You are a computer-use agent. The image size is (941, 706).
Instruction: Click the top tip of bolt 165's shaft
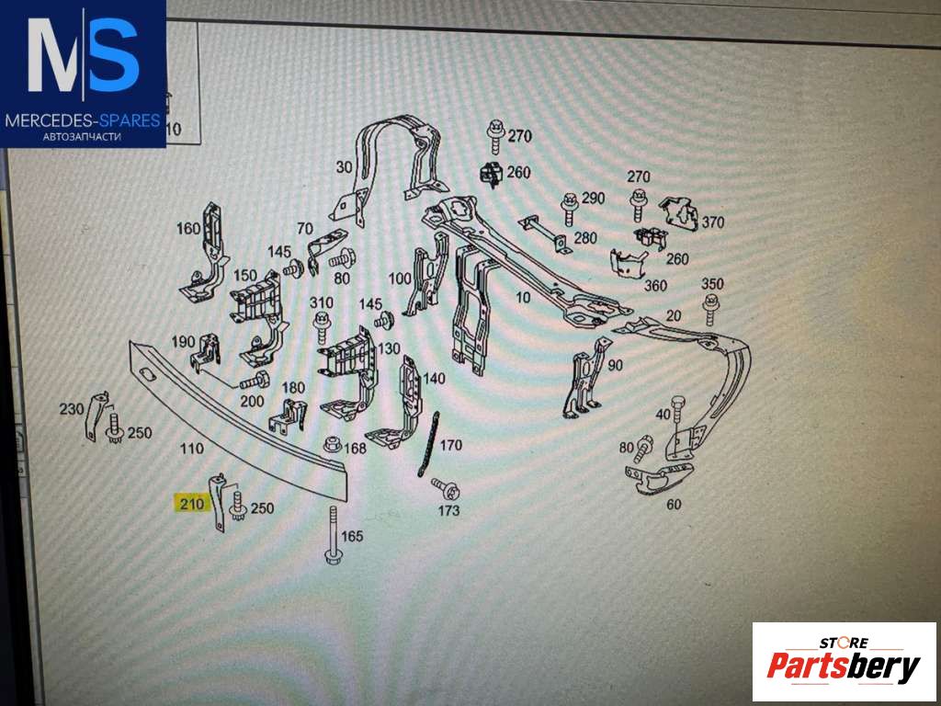332,507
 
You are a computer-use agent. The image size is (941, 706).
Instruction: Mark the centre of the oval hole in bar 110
146,374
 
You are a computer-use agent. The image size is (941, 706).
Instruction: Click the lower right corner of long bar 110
346,502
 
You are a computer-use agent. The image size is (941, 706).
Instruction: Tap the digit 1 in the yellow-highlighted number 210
192,504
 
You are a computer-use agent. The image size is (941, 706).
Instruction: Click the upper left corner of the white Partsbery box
753,622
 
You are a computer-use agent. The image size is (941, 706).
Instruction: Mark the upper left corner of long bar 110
130,341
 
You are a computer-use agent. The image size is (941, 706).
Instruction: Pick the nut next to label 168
333,445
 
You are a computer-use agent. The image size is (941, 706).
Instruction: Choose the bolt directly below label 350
711,309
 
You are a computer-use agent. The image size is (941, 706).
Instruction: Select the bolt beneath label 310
322,328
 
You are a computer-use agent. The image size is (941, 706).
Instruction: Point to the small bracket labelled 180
288,416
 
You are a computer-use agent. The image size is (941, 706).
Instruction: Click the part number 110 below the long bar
192,448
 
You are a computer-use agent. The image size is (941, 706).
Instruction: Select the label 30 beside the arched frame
344,167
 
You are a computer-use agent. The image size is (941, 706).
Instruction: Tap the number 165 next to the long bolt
352,535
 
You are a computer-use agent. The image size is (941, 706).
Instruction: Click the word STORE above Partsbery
844,643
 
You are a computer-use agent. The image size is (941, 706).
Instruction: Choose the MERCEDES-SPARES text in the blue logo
83,120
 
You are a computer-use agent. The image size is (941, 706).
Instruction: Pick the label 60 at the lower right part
674,505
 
